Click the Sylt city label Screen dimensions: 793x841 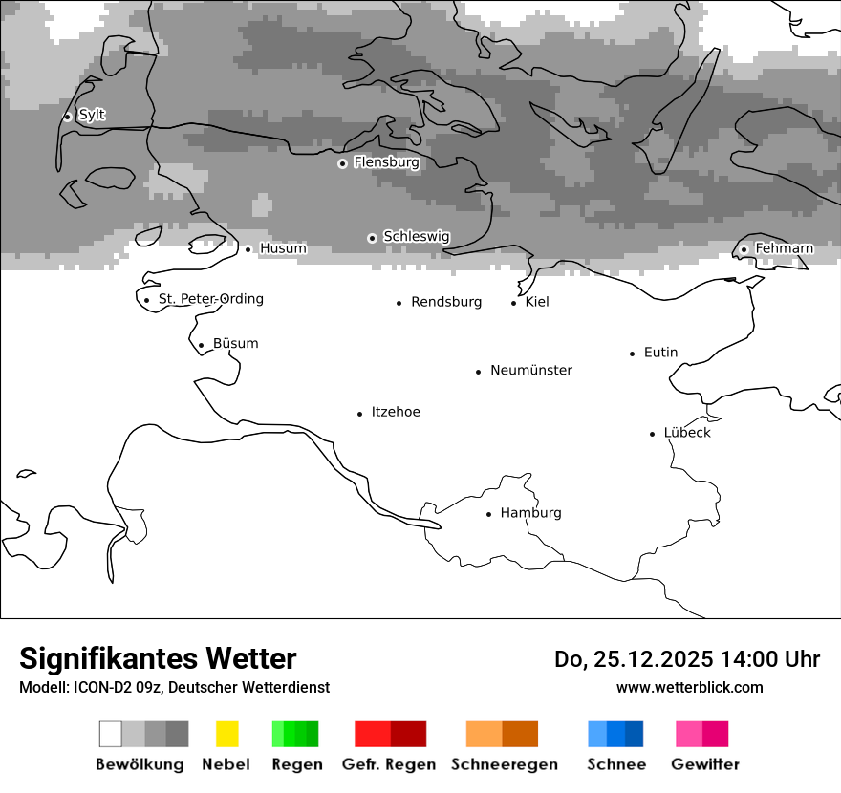tap(92, 115)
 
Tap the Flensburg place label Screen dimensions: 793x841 tap(386, 162)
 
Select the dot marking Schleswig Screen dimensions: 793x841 tap(373, 238)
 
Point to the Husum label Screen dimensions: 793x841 tap(283, 248)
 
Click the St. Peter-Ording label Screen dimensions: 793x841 tap(210, 299)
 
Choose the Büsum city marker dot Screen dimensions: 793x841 tap(201, 346)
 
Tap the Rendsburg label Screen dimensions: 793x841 tap(446, 302)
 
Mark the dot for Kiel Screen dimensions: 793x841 tap(514, 303)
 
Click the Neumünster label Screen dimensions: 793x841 tap(531, 370)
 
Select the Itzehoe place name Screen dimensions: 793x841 tap(396, 412)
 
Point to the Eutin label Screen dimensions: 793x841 tap(660, 353)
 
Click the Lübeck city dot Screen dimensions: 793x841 tap(653, 434)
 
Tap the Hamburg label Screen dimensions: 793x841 tap(530, 513)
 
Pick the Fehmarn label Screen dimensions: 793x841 tap(784, 248)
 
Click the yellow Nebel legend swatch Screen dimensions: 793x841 tap(226, 734)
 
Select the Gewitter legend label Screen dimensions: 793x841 tap(705, 764)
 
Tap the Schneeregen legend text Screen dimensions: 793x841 tap(505, 764)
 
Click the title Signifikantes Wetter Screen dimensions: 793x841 tap(158, 658)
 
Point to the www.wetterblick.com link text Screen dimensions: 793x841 tap(689, 688)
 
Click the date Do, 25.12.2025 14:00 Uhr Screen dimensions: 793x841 tap(687, 659)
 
